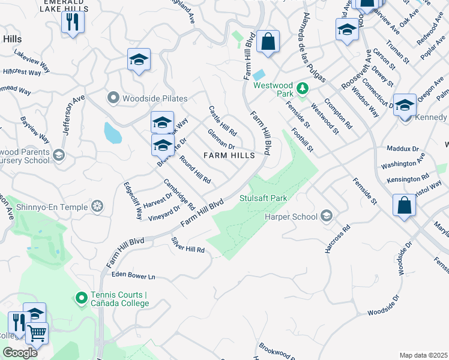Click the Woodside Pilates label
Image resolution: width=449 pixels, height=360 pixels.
coord(155,98)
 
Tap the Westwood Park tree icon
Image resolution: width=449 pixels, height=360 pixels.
coord(303,89)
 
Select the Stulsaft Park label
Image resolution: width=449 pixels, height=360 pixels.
coord(264,197)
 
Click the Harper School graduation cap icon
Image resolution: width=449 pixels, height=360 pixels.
coord(327,215)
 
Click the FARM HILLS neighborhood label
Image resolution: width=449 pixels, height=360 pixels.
coord(229,155)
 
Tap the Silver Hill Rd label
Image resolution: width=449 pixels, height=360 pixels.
coord(188,245)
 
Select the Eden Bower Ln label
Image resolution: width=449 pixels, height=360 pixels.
coord(133,275)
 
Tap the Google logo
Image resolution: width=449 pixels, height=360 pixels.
coord(20,353)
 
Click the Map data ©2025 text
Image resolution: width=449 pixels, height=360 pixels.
coord(423,355)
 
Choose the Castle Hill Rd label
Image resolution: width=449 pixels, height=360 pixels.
coord(222,120)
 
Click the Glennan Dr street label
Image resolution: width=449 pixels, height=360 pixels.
coord(221,140)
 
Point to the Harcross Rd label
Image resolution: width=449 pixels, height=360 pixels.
coord(337,239)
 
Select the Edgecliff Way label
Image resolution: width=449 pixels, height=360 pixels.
coord(133,200)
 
